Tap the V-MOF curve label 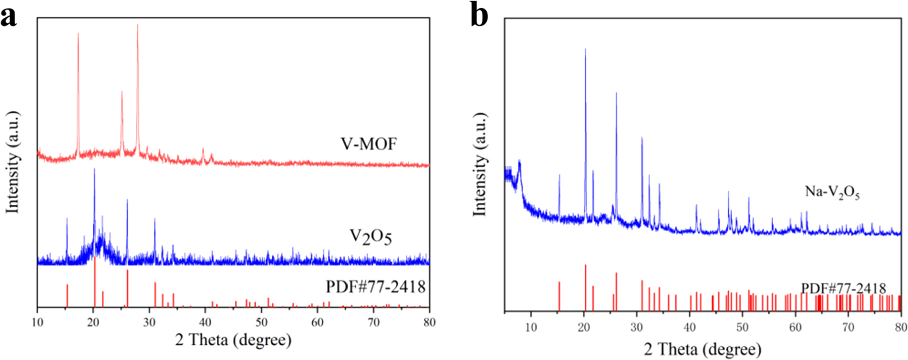click(x=369, y=144)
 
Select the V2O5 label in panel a click(x=370, y=236)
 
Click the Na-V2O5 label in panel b click(x=832, y=192)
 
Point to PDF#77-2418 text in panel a click(x=375, y=286)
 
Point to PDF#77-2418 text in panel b click(x=843, y=288)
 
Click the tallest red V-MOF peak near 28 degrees click(x=137, y=26)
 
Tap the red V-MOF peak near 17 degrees click(x=78, y=35)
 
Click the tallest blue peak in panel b click(x=585, y=50)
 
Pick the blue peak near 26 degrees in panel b click(x=616, y=94)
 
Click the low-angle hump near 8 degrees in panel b click(x=520, y=162)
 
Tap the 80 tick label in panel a click(x=429, y=322)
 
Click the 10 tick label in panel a click(x=37, y=322)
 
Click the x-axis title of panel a click(x=233, y=340)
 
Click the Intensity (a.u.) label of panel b click(x=479, y=165)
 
